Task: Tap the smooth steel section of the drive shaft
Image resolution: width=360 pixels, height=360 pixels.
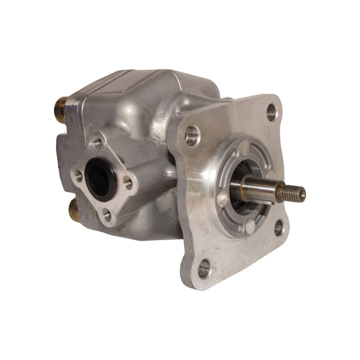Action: [257, 186]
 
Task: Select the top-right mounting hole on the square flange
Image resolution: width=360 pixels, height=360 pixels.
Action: [272, 112]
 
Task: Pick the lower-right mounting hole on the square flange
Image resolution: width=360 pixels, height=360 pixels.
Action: [278, 227]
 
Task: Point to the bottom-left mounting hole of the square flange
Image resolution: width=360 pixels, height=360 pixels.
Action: [204, 267]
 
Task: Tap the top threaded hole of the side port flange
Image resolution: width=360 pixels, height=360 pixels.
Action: [97, 143]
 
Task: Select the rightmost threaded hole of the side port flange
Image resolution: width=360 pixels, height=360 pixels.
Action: [128, 183]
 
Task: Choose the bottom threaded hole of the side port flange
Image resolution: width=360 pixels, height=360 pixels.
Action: [107, 214]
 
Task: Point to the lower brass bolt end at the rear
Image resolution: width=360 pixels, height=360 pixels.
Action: [73, 209]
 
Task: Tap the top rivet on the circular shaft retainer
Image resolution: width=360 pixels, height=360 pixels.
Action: [243, 146]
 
